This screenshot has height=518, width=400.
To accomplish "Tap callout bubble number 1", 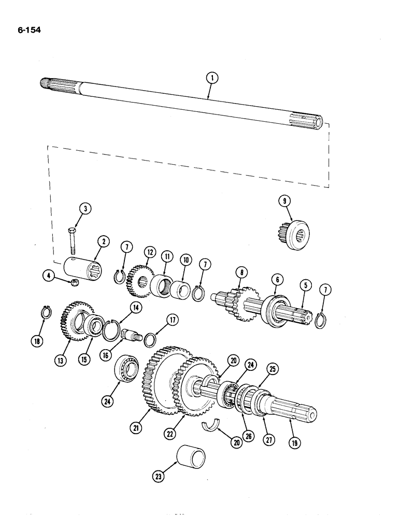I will tap(211, 79).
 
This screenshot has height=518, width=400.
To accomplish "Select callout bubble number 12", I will tap(149, 252).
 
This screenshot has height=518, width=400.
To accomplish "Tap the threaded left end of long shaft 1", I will tap(48, 83).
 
